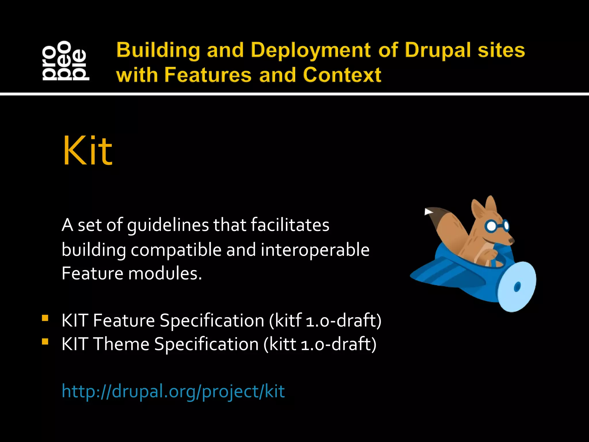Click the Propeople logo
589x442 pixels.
pos(66,60)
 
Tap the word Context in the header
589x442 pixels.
pos(342,75)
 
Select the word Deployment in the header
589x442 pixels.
pos(311,50)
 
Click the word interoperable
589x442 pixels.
pos(315,249)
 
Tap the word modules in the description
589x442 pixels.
pos(165,273)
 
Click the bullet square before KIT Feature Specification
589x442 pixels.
pos(45,318)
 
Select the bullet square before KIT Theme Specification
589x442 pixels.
pos(45,342)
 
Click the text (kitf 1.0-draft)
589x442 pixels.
pos(325,321)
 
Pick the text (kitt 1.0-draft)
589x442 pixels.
pos(320,344)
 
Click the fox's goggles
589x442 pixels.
pos(497,226)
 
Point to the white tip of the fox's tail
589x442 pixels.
pos(428,212)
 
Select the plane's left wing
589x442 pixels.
pos(437,273)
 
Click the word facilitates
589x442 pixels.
pos(290,225)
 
